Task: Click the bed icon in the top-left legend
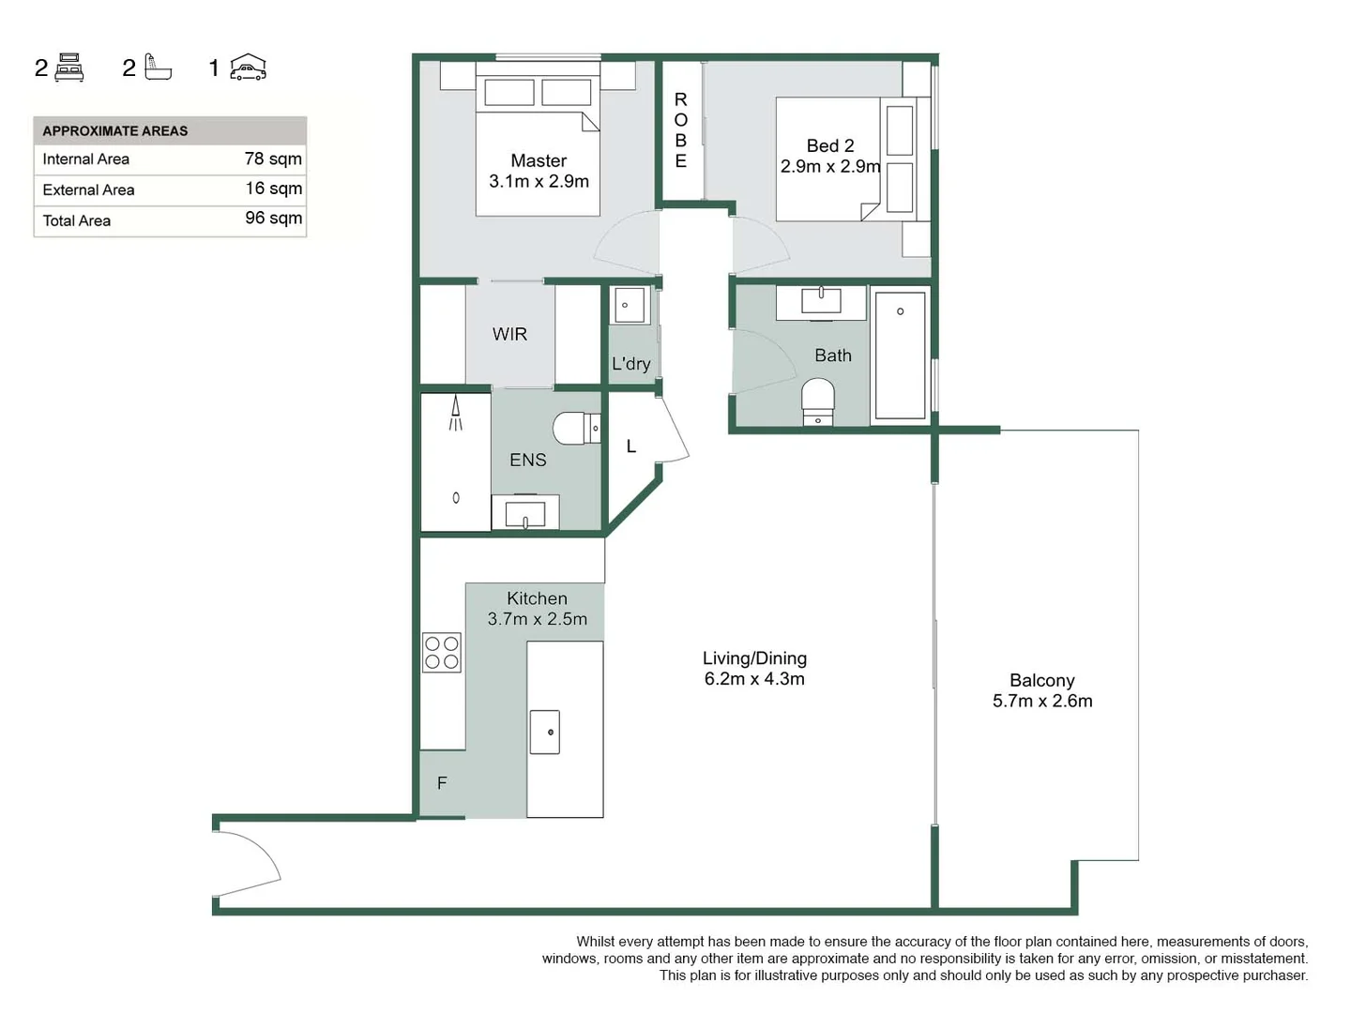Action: coord(69,68)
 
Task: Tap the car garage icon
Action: coord(249,68)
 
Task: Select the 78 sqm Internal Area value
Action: coord(273,159)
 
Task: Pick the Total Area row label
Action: coord(77,220)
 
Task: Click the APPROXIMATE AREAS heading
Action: coord(115,131)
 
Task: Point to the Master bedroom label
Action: coord(539,161)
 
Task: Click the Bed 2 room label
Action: coord(830,146)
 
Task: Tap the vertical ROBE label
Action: coord(681,130)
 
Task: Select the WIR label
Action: coord(509,334)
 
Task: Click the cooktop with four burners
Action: coord(442,653)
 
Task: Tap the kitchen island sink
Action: coord(545,732)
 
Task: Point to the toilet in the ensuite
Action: coord(576,429)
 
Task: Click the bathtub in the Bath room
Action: coord(900,355)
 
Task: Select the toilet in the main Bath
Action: coord(818,401)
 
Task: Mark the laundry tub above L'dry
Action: coord(629,306)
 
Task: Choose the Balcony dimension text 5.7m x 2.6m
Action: coord(1042,701)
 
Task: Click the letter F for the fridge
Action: coord(442,783)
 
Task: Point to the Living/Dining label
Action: coord(754,658)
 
